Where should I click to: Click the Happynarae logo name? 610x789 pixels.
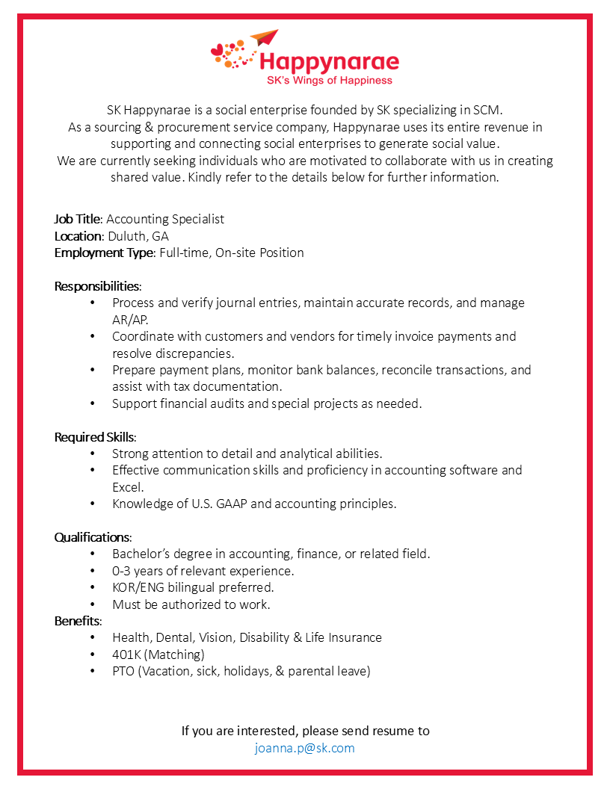(x=329, y=61)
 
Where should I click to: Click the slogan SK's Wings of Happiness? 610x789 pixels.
(x=329, y=80)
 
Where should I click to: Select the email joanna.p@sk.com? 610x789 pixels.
(x=305, y=748)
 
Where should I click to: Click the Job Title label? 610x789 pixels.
(x=78, y=219)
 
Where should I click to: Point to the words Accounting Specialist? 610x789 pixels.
(x=165, y=219)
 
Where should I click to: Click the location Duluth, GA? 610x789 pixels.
(x=138, y=236)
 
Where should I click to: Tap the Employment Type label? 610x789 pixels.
(x=105, y=253)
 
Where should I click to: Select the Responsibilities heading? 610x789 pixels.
(x=97, y=286)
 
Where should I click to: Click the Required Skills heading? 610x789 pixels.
(x=95, y=437)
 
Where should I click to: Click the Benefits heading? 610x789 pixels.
(x=78, y=621)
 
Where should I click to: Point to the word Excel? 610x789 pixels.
(x=127, y=487)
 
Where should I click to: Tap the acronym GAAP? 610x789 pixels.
(x=230, y=504)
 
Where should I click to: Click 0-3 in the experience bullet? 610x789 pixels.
(x=123, y=571)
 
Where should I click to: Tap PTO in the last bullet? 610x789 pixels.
(x=123, y=671)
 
